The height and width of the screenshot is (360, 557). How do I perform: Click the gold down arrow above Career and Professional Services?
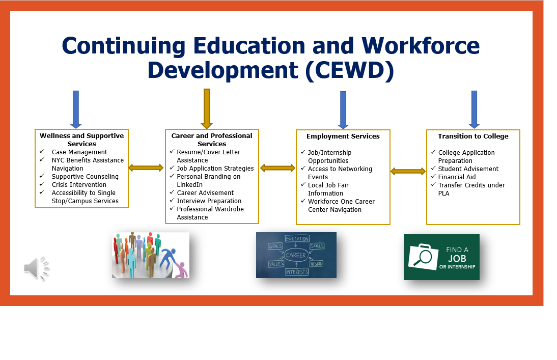[207, 109]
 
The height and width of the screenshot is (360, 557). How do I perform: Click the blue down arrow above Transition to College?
[474, 109]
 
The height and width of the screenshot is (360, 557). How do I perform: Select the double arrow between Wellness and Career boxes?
[146, 168]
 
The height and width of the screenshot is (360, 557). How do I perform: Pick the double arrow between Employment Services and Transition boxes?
[408, 171]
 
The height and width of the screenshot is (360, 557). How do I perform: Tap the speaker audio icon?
[37, 268]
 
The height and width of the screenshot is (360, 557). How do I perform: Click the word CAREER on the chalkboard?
[295, 255]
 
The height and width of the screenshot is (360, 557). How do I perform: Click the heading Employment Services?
[343, 136]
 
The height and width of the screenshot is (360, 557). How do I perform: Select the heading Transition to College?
[473, 136]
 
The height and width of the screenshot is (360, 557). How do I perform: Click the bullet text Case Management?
[79, 152]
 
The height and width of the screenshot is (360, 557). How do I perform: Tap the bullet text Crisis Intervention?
[79, 184]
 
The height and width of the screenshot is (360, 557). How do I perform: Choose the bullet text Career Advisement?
[205, 192]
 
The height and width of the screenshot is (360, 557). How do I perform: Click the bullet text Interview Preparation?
[209, 201]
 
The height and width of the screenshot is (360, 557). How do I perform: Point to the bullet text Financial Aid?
[457, 177]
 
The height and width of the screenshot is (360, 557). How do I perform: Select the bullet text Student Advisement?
[468, 169]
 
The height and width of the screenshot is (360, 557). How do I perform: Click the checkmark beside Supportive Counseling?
[42, 176]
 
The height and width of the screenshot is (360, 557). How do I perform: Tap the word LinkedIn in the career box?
[190, 184]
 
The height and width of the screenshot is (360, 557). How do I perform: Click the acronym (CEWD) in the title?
[349, 70]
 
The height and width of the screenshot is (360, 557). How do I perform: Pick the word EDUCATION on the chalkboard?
[297, 238]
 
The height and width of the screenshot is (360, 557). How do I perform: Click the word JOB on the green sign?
[457, 258]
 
